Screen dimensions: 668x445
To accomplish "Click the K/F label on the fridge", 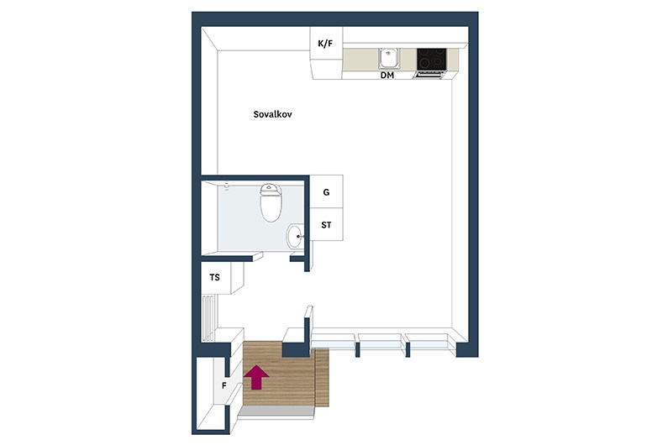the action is [x=325, y=44].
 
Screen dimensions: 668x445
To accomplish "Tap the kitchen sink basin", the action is [x=389, y=58].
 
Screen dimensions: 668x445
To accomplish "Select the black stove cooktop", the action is [x=432, y=59].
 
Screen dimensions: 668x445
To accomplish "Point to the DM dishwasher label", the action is [x=387, y=76].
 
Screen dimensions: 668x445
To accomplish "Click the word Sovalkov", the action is [x=272, y=114].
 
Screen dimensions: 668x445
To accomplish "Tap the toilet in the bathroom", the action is [x=271, y=202].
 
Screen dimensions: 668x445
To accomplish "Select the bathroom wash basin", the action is [x=295, y=236].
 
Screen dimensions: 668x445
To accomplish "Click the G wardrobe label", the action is [x=326, y=192].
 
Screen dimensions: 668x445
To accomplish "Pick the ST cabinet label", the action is [x=326, y=225].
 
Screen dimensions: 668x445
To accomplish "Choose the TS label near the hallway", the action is [x=215, y=277].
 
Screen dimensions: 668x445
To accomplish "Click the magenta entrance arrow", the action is [x=256, y=377].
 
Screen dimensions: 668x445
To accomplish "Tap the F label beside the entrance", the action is [x=224, y=386].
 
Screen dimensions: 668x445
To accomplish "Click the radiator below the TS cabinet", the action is [x=208, y=318].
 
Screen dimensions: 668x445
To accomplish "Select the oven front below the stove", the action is [x=429, y=75].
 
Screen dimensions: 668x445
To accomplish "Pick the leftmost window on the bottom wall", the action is [x=333, y=342].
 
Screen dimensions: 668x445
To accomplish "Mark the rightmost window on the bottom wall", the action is [x=428, y=342].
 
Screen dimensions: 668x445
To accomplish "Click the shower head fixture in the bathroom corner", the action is [x=226, y=186].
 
